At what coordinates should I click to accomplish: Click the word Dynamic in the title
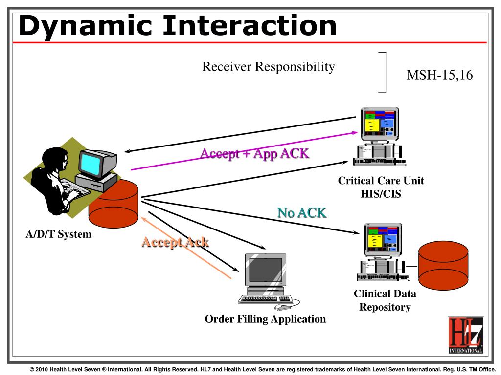coord(85,26)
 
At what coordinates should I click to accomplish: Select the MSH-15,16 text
coord(439,75)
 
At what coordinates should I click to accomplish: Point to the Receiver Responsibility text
coord(269,66)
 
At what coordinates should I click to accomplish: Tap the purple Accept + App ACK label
coord(254,154)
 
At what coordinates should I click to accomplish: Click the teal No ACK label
coord(302,213)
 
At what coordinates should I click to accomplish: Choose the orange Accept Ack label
coord(175,242)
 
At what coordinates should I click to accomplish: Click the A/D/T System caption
coord(59,234)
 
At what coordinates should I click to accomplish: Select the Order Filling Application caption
coord(265,319)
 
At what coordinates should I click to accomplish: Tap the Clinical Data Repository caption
coord(385,300)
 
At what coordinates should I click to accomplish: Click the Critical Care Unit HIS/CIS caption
coord(381,187)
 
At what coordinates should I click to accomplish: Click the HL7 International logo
coord(466,335)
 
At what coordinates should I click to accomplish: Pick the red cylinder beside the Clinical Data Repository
coord(443,265)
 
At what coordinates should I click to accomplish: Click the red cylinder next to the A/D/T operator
coord(114,204)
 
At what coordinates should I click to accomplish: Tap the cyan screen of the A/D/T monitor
coord(91,163)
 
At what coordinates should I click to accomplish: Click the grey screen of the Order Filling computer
coord(265,270)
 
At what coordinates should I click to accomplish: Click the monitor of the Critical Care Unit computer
coord(380,124)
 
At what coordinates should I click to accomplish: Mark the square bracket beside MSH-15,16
coord(387,72)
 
